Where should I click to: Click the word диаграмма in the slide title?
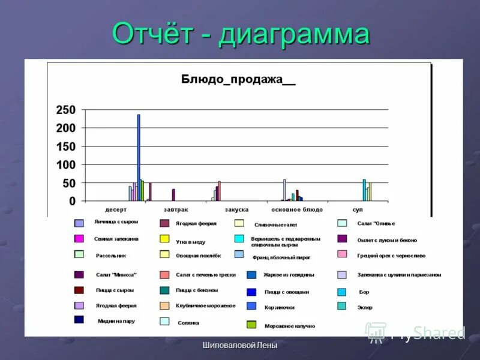[294, 34]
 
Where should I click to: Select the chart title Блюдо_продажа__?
[239, 80]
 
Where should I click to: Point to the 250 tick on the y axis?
[65, 110]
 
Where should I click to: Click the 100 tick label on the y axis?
[65, 164]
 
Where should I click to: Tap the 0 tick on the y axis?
[72, 201]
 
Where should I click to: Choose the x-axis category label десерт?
[116, 209]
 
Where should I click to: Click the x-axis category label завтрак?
[176, 209]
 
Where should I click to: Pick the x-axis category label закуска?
[236, 209]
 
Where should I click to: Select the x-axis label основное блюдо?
[296, 209]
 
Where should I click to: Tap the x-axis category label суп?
[358, 209]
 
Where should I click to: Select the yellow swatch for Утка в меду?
[164, 239]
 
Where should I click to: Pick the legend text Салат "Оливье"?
[376, 223]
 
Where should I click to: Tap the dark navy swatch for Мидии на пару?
[79, 320]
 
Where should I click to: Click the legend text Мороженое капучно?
[289, 326]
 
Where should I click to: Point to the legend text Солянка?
[188, 322]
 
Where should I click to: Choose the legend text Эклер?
[365, 307]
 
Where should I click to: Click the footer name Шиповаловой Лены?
[240, 345]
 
